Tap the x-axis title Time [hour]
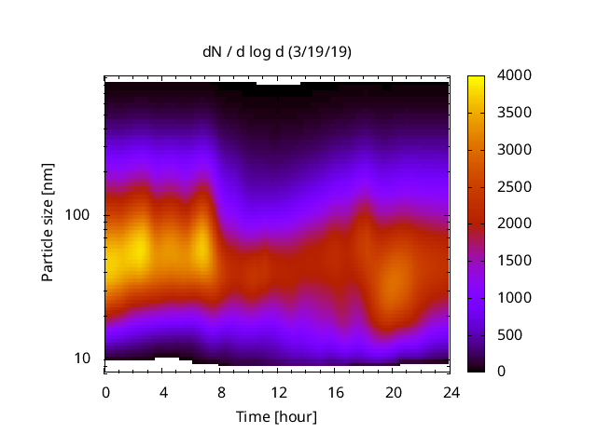[276, 416]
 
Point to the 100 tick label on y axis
[79, 215]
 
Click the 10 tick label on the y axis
[83, 359]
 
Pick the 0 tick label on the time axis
[105, 391]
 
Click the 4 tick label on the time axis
[163, 391]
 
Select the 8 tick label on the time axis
[220, 391]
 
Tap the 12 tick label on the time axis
[277, 391]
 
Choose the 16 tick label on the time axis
[335, 391]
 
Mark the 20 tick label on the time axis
[392, 391]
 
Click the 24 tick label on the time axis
[450, 391]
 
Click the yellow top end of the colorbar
[476, 78]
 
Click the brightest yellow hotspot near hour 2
[137, 250]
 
